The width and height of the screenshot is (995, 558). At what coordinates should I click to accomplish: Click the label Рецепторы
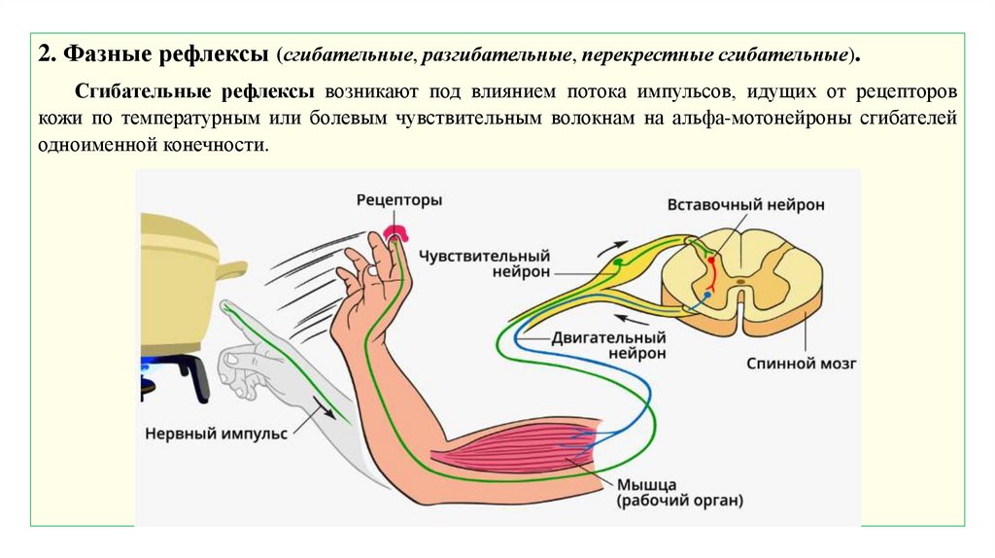(x=399, y=200)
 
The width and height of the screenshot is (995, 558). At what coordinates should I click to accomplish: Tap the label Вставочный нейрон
(x=745, y=205)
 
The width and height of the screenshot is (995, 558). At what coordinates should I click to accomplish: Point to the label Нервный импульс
(x=216, y=434)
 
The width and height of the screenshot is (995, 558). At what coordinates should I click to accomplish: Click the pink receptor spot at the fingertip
(x=397, y=232)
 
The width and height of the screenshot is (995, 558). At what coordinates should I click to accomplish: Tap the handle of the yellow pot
(x=230, y=268)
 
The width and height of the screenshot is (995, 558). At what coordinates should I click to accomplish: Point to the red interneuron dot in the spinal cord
(x=711, y=260)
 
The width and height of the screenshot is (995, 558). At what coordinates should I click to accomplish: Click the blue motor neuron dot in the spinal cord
(x=707, y=293)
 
